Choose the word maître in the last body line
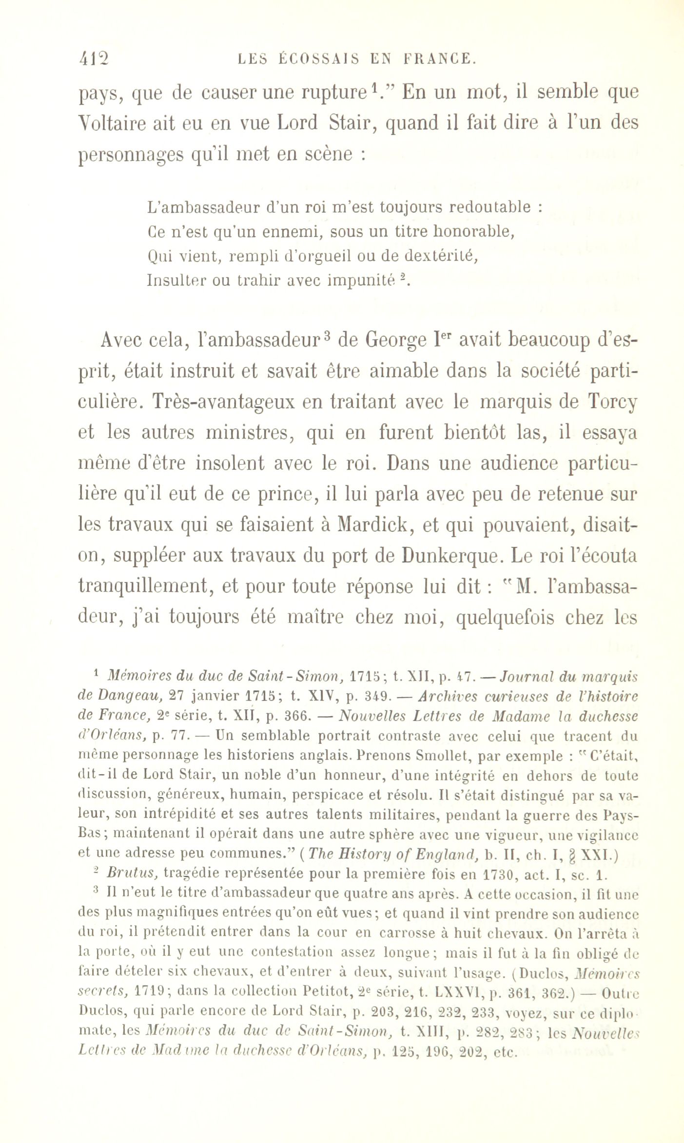(316, 617)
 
